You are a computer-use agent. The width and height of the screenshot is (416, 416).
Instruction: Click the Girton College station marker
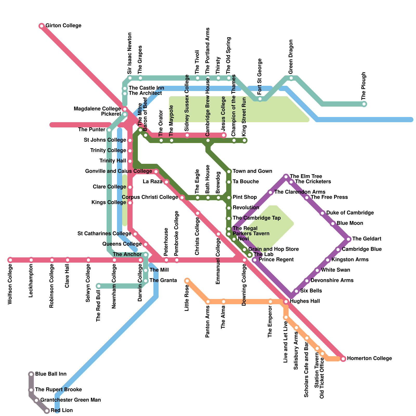click(x=42, y=26)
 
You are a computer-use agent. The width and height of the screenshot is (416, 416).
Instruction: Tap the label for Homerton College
click(x=369, y=359)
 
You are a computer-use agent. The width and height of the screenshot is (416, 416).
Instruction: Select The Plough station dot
click(x=364, y=104)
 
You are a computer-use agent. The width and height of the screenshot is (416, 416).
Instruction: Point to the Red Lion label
click(x=62, y=411)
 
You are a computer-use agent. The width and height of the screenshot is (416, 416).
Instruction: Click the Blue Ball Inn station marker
click(x=31, y=374)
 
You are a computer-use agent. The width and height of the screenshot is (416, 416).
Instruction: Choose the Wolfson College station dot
click(x=10, y=260)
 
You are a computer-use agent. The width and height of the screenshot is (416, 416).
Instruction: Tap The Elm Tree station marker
click(x=286, y=177)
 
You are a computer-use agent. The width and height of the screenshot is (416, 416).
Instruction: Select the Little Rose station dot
click(x=187, y=281)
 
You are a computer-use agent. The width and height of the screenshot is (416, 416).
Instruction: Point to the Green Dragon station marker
click(x=291, y=78)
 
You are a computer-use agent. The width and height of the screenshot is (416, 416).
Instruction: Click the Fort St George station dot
click(x=260, y=99)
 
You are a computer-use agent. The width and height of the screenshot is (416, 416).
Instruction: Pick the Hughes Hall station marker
click(x=286, y=302)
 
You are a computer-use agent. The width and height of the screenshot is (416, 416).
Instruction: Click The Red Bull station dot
click(x=99, y=286)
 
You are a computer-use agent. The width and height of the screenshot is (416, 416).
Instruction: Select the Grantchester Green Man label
click(x=70, y=400)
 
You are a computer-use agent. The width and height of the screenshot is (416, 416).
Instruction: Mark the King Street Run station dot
click(x=244, y=141)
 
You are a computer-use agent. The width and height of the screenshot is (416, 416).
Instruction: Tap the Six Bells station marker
click(x=296, y=291)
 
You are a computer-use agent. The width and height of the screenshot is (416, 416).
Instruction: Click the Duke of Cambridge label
click(x=350, y=213)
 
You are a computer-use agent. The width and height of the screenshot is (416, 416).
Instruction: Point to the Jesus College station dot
click(x=224, y=135)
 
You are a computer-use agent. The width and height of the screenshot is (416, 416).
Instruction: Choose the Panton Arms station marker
click(x=208, y=302)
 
